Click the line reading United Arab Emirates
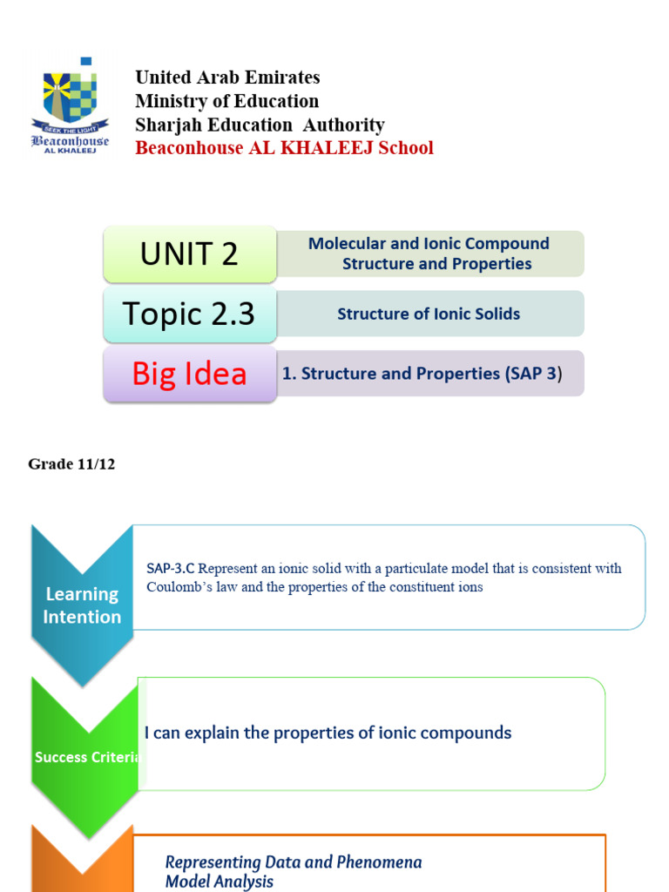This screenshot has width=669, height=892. (x=227, y=78)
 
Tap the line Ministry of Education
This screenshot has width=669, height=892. (x=226, y=101)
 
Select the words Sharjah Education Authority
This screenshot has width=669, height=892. (x=260, y=125)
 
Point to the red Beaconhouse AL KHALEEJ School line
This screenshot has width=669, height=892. (x=284, y=148)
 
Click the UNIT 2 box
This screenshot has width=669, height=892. (x=190, y=254)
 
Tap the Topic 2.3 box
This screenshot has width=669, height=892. (x=190, y=314)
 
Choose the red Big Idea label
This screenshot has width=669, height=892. (x=190, y=374)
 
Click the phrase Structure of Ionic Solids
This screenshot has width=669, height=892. (x=429, y=314)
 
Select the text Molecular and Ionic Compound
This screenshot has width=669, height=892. (x=429, y=244)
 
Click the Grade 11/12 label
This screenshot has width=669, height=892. (x=71, y=464)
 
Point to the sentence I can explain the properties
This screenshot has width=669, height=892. (x=328, y=733)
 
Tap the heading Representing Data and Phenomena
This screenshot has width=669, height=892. (x=294, y=862)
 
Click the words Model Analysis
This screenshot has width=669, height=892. (x=220, y=882)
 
